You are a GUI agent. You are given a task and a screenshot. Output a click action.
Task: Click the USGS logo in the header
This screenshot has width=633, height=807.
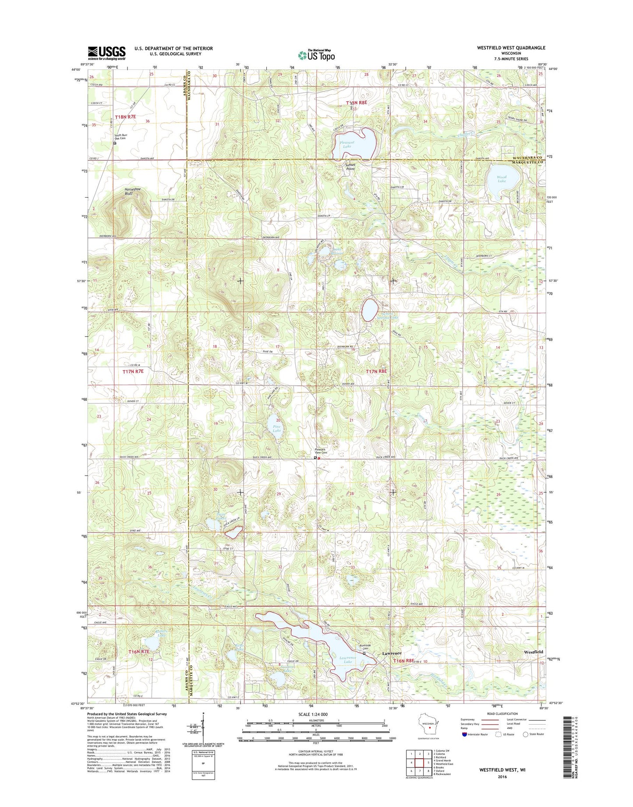106,53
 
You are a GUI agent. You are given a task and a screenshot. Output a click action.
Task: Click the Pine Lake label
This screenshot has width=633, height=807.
277,428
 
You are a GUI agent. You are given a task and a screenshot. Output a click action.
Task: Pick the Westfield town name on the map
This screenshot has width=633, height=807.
533,652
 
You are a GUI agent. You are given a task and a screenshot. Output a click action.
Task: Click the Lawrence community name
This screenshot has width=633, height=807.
392,653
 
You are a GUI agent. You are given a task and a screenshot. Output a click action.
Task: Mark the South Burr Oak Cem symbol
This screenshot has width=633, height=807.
115,143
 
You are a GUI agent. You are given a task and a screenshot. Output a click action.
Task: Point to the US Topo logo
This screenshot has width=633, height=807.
316,55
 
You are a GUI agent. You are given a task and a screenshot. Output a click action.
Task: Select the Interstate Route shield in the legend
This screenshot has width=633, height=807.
464,734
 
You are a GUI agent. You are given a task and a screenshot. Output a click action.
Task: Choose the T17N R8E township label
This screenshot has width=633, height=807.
376,372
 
